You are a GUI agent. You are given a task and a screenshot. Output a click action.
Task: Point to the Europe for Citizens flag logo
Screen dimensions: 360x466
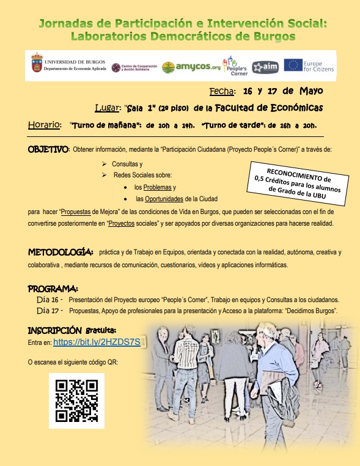point(293,65)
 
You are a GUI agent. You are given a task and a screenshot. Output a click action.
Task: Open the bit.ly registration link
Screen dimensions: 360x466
point(101,342)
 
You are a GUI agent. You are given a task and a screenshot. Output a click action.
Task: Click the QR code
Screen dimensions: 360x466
point(76,401)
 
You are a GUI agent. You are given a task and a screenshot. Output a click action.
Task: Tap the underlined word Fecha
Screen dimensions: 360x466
point(222,92)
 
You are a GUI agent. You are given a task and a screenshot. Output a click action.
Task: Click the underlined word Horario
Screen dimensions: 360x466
point(45,125)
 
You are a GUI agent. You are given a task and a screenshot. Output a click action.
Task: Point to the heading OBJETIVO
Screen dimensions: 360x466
point(50,149)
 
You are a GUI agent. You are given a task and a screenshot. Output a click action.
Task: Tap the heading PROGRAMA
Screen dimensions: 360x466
point(53,288)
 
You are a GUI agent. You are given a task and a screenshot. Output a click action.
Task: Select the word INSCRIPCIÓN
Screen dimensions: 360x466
point(54,330)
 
